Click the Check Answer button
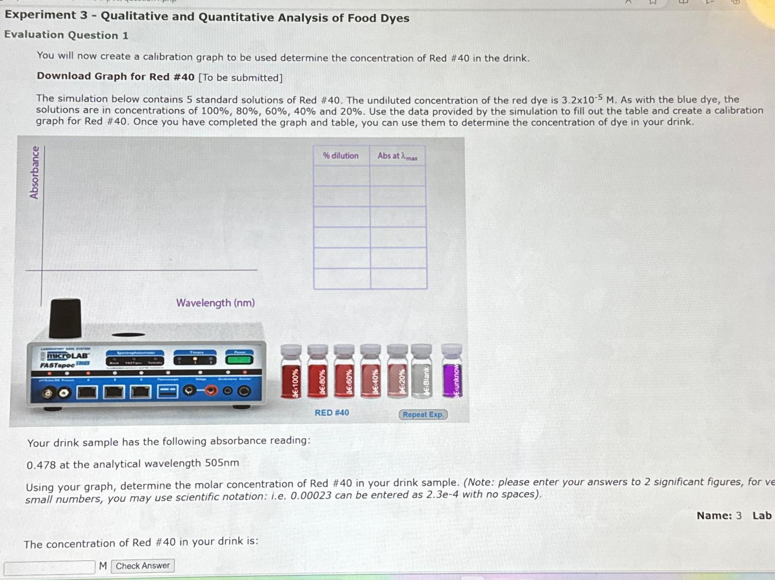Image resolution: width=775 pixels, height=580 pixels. [x=143, y=566]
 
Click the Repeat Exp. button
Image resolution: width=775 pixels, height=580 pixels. [x=422, y=414]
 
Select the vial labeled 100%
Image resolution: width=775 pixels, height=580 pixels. [x=291, y=373]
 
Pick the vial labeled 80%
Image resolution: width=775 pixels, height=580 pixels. [x=318, y=373]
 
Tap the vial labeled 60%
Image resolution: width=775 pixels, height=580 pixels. [x=344, y=373]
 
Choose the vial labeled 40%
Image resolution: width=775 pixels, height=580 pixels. [x=371, y=373]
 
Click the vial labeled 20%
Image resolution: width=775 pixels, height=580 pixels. [x=398, y=373]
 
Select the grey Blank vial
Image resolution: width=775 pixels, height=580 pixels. [x=422, y=373]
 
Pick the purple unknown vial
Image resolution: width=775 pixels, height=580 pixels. [x=452, y=373]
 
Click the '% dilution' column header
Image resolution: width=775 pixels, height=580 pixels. [x=341, y=156]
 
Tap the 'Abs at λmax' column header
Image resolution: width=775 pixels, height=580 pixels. [x=398, y=156]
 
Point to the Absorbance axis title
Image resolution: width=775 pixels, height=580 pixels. [x=34, y=172]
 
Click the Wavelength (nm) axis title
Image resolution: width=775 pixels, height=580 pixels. [x=215, y=303]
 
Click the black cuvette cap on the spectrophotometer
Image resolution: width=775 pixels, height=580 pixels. [x=65, y=317]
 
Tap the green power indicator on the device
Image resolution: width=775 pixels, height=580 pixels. [x=240, y=359]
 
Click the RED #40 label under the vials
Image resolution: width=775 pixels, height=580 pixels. [x=332, y=413]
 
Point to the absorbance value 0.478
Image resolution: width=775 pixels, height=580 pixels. [x=41, y=465]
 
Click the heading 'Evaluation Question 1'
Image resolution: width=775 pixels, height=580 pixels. [x=66, y=35]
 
